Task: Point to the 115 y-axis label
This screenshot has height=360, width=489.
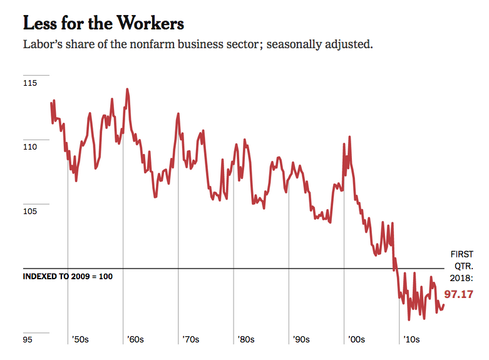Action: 29,83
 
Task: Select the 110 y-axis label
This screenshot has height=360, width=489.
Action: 29,147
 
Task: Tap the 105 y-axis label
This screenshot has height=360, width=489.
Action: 29,211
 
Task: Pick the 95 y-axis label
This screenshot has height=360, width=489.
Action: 28,340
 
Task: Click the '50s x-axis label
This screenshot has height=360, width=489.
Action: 80,339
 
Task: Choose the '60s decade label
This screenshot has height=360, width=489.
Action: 135,339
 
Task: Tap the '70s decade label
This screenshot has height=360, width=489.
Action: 190,339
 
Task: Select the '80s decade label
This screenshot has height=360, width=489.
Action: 246,339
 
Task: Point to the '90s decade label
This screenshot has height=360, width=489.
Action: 301,339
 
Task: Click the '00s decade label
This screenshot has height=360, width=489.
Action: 356,339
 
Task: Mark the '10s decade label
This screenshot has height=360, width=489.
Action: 411,339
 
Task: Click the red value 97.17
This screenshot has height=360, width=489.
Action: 459,294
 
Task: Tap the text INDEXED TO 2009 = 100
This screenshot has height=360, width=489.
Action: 68,276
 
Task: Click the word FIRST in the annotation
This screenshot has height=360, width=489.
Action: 462,254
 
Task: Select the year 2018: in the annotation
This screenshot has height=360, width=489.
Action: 462,278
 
